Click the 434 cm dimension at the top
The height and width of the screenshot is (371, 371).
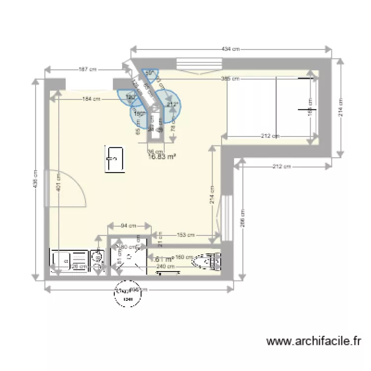click(231, 48)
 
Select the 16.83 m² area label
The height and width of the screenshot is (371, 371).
click(162, 157)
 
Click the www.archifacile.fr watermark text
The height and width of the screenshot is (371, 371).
click(314, 341)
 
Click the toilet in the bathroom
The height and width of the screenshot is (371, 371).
click(205, 262)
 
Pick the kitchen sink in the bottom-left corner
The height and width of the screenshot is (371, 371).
click(69, 260)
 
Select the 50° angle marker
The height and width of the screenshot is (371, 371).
click(148, 73)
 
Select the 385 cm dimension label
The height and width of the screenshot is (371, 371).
click(230, 78)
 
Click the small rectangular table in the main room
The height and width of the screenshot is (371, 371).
click(114, 159)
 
